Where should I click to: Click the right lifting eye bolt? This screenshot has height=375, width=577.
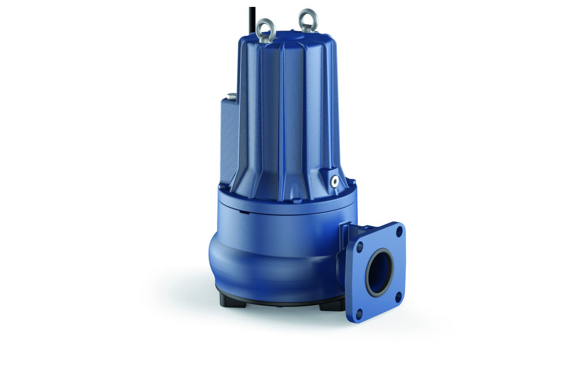(308, 20)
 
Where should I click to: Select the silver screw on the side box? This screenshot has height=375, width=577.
(231, 96)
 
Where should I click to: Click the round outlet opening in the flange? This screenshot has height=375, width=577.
(379, 272)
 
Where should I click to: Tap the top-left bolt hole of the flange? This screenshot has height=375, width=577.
(359, 245)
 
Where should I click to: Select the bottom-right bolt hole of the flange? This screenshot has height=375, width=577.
(398, 298)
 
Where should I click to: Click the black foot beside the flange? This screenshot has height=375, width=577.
(331, 304)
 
